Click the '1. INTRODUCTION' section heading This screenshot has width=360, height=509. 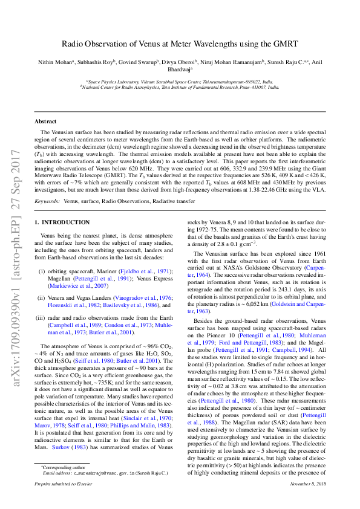tap(62, 223)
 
